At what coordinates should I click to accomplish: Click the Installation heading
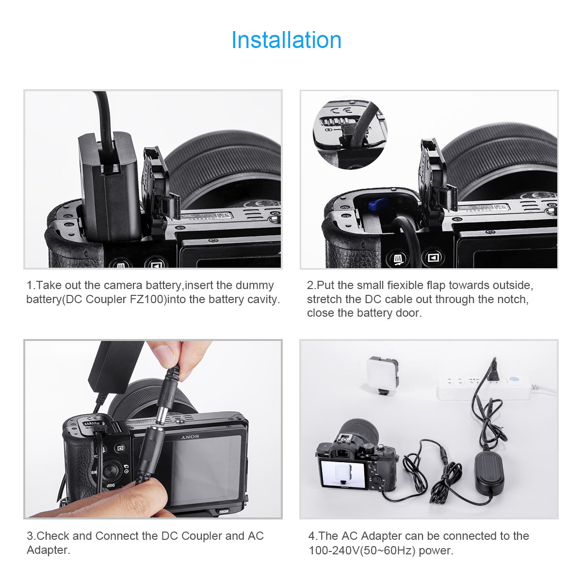coord(286,40)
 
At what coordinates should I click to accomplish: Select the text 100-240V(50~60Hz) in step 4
coord(362,550)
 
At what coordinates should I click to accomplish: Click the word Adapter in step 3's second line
coord(48,550)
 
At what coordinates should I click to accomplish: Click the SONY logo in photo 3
coord(190,437)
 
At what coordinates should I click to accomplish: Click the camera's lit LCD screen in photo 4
coord(343,473)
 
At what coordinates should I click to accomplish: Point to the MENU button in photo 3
coord(224,511)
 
